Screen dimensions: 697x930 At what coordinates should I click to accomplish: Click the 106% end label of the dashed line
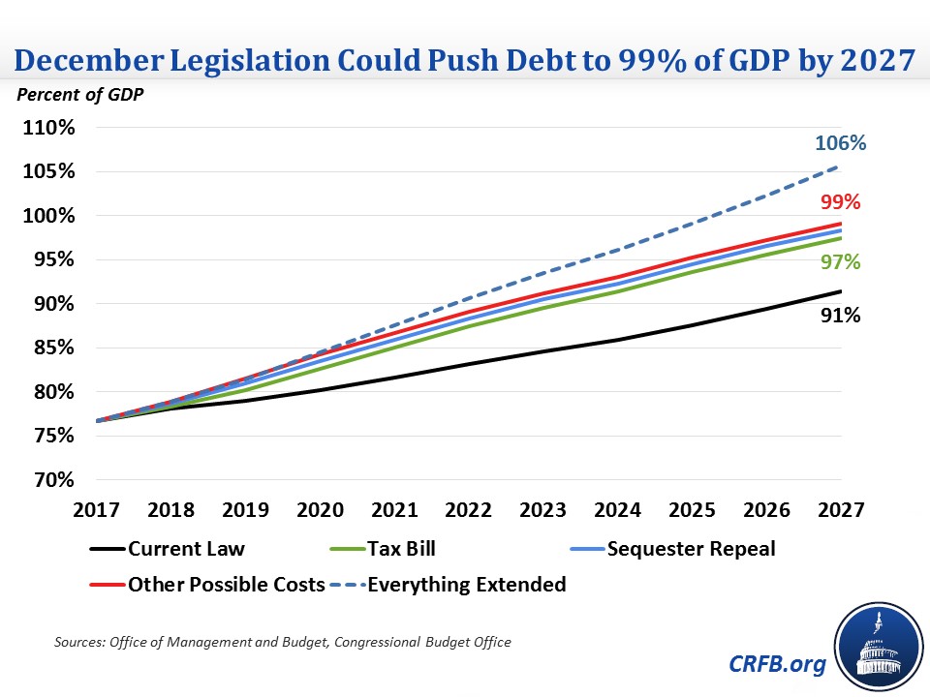coord(840,143)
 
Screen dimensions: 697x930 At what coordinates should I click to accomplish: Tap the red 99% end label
coord(840,202)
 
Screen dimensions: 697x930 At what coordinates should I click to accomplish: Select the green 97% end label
coord(840,261)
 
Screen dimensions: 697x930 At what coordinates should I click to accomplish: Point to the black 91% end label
coord(840,315)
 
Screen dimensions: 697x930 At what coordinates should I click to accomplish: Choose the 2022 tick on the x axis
coord(470,509)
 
